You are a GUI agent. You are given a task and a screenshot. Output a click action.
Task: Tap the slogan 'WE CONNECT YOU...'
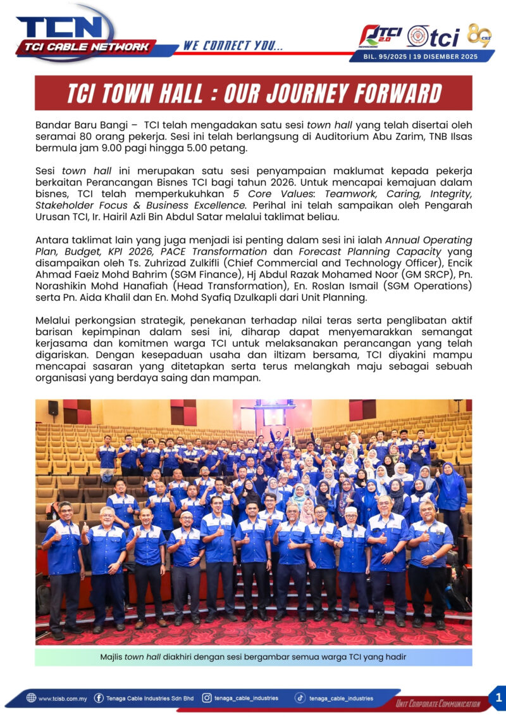pos(233,46)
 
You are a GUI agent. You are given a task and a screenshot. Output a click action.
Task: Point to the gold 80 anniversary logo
pos(479,35)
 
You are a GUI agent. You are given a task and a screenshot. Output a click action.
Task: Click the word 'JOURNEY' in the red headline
pos(308,94)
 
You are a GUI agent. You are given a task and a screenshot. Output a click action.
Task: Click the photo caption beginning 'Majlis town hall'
pos(253,657)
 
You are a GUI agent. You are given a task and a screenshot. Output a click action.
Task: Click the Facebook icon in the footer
pos(99,698)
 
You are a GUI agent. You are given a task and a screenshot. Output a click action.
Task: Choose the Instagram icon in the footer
pos(207,698)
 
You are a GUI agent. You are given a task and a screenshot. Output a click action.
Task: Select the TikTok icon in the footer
pos(301,698)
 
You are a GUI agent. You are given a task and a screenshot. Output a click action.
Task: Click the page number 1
pos(497,697)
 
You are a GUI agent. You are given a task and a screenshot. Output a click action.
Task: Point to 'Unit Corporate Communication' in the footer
pos(438,704)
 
